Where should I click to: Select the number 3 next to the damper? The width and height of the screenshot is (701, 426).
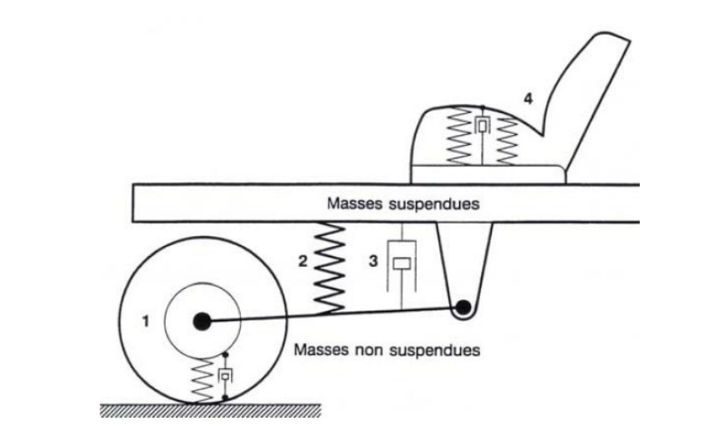[x=374, y=260]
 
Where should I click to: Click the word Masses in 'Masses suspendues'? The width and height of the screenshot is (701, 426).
[x=356, y=204]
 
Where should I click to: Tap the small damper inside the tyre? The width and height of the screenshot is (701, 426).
[x=224, y=377]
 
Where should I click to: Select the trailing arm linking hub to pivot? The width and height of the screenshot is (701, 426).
[x=335, y=316]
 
